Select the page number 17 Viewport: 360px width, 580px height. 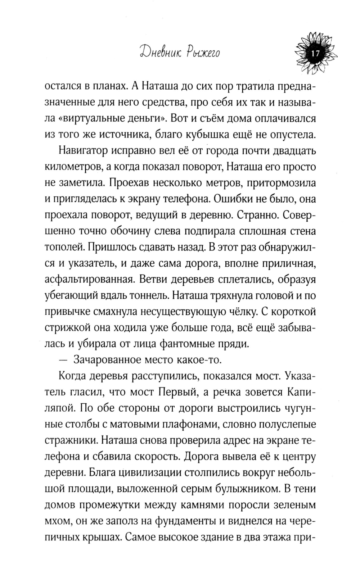coord(315,53)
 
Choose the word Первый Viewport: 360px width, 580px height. coord(179,392)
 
